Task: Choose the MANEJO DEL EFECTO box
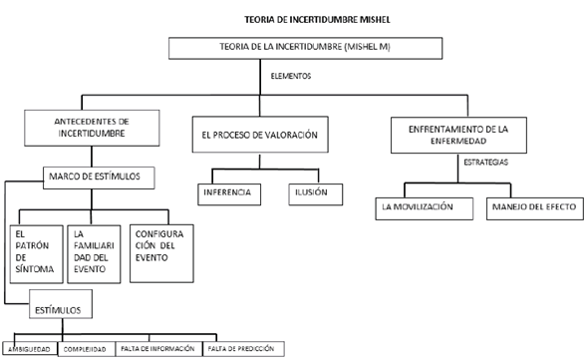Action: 530,207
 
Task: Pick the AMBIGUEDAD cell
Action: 31,349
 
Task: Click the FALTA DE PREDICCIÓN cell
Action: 243,349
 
